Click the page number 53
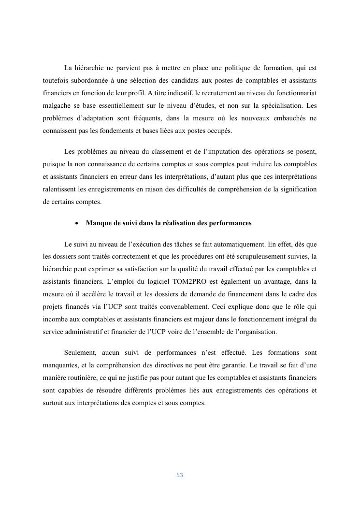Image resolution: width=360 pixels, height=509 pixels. [180, 475]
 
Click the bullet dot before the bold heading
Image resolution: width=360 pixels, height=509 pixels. [77, 223]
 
